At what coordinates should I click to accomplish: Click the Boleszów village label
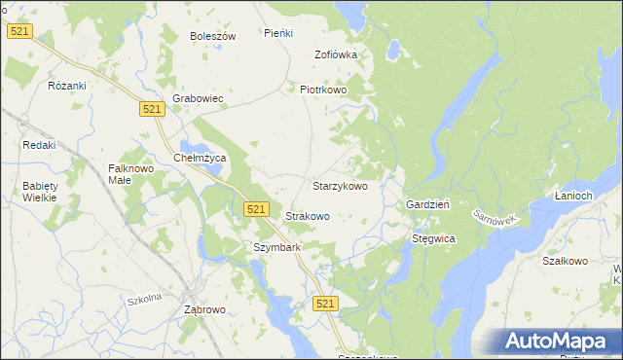click(x=213, y=36)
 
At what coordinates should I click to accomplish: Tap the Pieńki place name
click(x=278, y=33)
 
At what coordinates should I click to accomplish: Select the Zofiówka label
click(x=335, y=54)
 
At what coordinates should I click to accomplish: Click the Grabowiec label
click(x=198, y=98)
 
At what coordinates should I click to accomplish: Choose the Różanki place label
click(x=68, y=86)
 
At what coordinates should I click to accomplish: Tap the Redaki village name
click(x=39, y=145)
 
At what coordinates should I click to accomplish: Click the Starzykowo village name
click(x=339, y=185)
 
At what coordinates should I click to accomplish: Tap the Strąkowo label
click(x=307, y=216)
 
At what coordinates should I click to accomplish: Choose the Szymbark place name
click(x=276, y=247)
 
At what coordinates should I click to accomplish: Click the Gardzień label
click(x=426, y=205)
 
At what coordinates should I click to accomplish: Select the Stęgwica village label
click(x=433, y=237)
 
